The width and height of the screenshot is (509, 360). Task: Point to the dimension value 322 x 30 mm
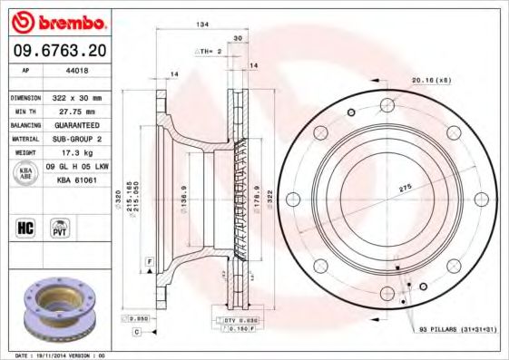pos(79,97)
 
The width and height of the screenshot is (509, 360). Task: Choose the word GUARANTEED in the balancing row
pos(77,124)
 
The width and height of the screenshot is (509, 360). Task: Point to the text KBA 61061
pos(76,180)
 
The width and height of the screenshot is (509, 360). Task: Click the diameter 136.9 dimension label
pos(185,195)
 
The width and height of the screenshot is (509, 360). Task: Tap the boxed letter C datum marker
pos(136,332)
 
